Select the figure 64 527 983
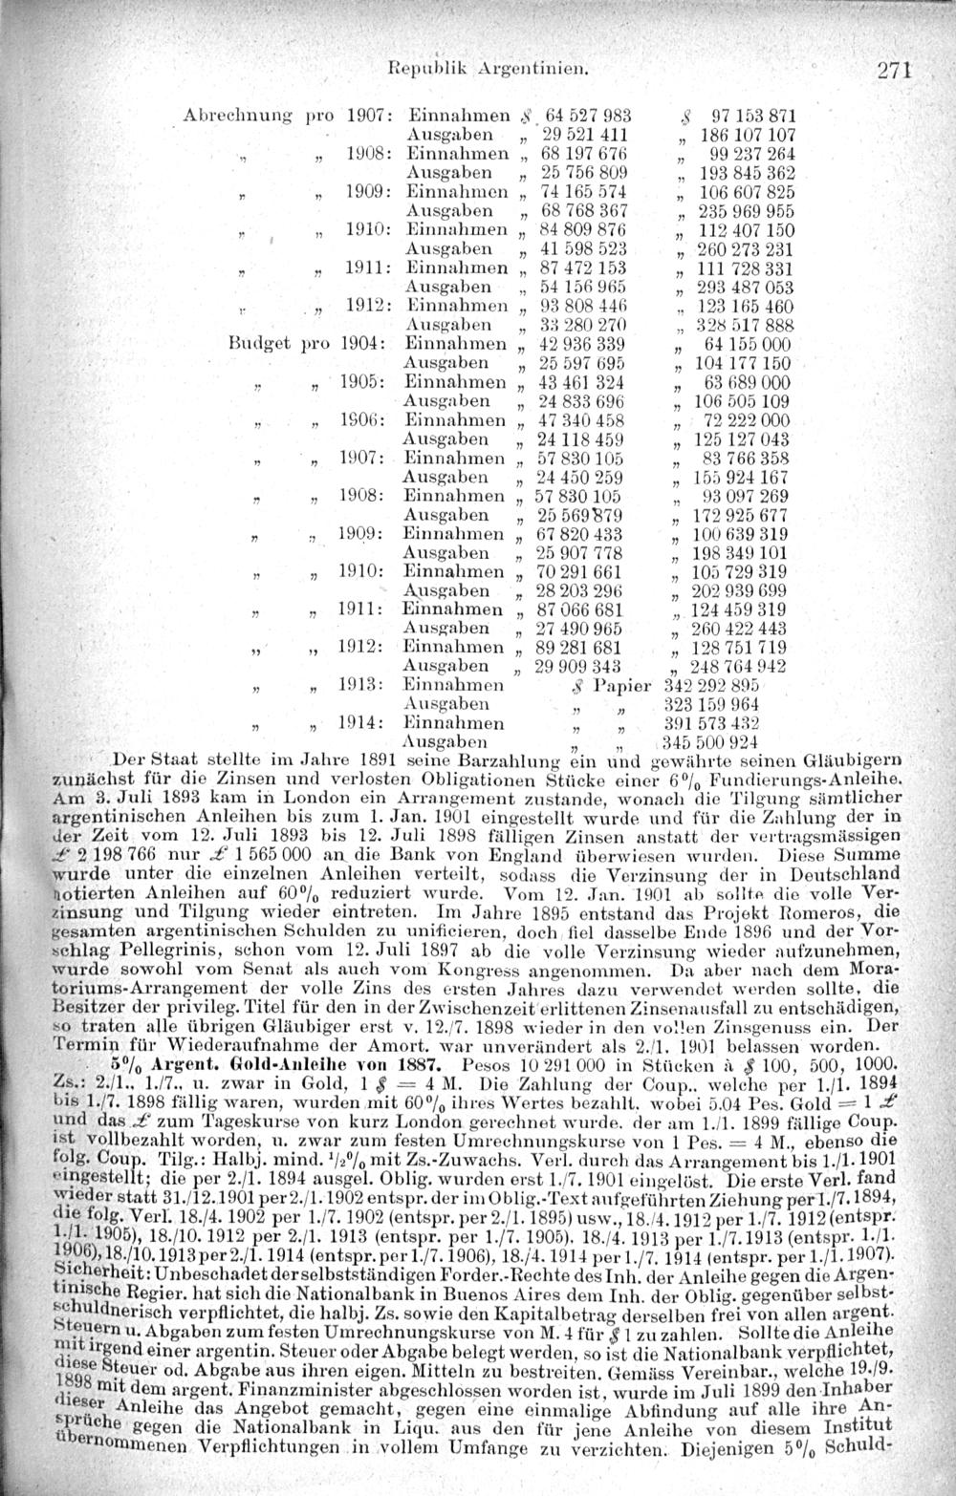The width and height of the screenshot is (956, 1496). coord(580,116)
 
